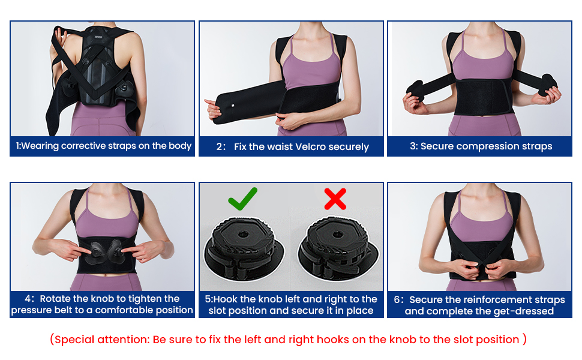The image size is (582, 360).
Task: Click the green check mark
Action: pos(242,198)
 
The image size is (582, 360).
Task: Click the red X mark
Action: pos(335,198)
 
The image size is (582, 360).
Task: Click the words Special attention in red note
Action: pos(101,340)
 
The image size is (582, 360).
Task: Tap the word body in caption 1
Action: pos(179,146)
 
